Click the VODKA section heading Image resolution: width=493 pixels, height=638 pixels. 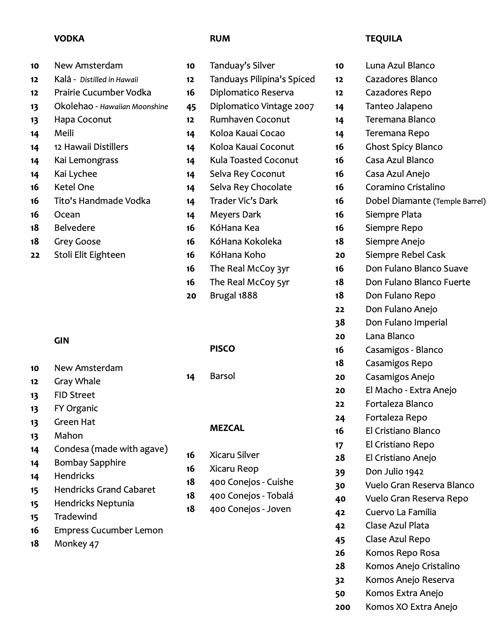(x=69, y=39)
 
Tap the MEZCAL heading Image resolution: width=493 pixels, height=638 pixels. (x=227, y=428)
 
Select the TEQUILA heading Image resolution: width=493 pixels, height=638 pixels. (x=383, y=39)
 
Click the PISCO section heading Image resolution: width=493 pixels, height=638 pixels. (x=222, y=349)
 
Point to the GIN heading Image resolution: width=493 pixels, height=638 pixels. (x=62, y=341)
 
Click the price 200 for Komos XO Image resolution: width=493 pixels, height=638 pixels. (x=342, y=607)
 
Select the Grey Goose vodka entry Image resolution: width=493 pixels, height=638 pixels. (x=77, y=242)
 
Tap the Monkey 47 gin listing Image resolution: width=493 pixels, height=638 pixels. (x=77, y=544)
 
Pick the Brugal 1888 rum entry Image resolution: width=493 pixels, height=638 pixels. (x=233, y=296)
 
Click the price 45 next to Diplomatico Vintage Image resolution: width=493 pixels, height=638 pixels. (x=191, y=107)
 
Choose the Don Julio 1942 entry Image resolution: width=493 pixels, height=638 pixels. (x=394, y=472)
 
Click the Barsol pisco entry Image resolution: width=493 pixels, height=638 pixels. (x=222, y=376)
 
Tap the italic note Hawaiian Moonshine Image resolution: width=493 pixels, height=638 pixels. (x=134, y=107)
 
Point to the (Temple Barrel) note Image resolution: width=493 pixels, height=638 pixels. (x=460, y=201)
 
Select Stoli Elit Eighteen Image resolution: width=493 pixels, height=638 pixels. (x=90, y=255)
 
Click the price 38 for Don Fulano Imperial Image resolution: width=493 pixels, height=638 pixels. (x=340, y=323)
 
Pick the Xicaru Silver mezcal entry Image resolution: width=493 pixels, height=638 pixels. (x=234, y=455)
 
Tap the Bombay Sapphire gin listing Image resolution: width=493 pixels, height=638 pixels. (x=90, y=463)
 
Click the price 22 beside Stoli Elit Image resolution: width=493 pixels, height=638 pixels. (x=35, y=255)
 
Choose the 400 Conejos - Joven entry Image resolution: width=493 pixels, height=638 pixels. (x=250, y=509)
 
